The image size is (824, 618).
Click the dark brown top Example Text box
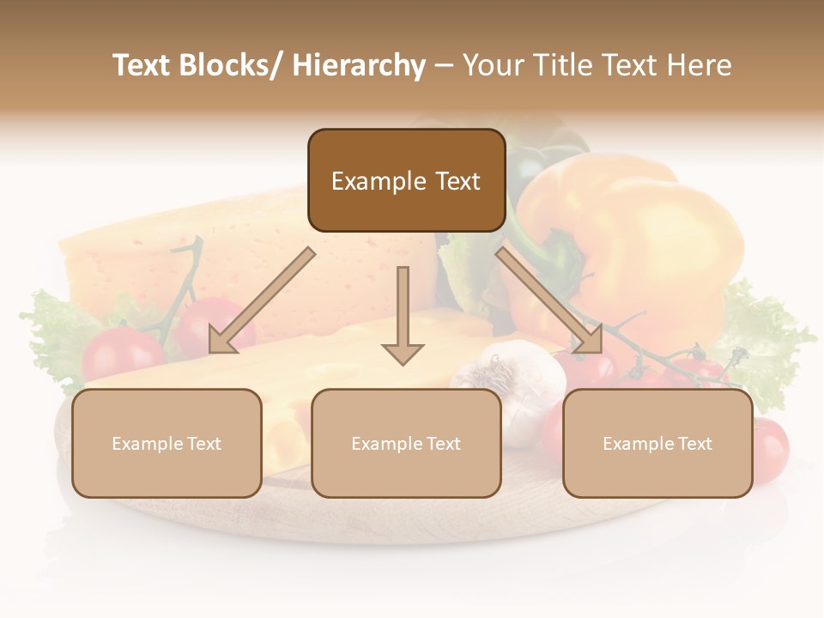(406, 180)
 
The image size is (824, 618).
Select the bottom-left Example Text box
(167, 443)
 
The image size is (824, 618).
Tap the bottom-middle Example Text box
(406, 443)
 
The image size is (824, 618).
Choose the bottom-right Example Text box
(657, 443)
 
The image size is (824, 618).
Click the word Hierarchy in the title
(358, 65)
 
